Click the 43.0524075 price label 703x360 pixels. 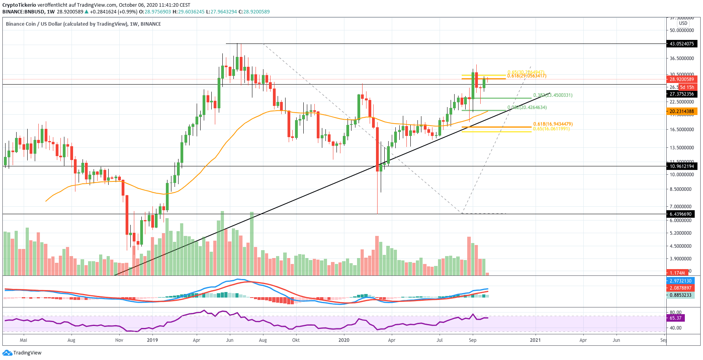pyautogui.click(x=682, y=44)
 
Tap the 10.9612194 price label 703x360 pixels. pyautogui.click(x=682, y=166)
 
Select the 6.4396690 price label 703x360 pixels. pyautogui.click(x=680, y=214)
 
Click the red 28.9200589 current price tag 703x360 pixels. pyautogui.click(x=682, y=79)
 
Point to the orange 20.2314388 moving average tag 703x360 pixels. pyautogui.click(x=682, y=111)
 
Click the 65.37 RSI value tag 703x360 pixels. pyautogui.click(x=676, y=318)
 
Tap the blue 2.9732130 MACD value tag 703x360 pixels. pyautogui.click(x=680, y=281)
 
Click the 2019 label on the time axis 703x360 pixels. pyautogui.click(x=152, y=340)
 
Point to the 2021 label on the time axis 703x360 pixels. pyautogui.click(x=535, y=340)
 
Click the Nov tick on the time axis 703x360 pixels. pyautogui.click(x=119, y=340)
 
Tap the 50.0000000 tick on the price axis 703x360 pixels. pyautogui.click(x=682, y=30)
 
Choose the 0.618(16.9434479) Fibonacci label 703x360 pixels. pyautogui.click(x=553, y=124)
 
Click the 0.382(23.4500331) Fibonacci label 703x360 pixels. pyautogui.click(x=553, y=95)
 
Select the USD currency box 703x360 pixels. pyautogui.click(x=683, y=23)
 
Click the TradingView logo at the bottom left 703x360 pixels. pyautogui.click(x=22, y=353)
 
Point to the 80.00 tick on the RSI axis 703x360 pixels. pyautogui.click(x=676, y=313)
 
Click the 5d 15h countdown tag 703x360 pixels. pyautogui.click(x=687, y=87)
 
